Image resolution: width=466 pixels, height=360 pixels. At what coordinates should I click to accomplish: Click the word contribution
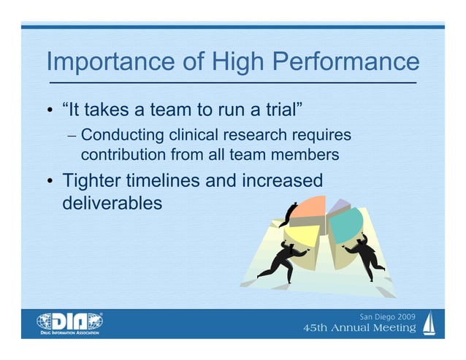[123, 155]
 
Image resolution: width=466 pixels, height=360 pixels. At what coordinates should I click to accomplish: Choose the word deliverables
[112, 202]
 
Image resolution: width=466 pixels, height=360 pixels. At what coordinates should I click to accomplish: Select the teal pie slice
[351, 223]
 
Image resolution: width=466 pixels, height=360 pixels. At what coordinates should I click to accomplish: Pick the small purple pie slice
[338, 207]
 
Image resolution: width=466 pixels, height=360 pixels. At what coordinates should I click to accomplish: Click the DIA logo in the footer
[70, 322]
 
